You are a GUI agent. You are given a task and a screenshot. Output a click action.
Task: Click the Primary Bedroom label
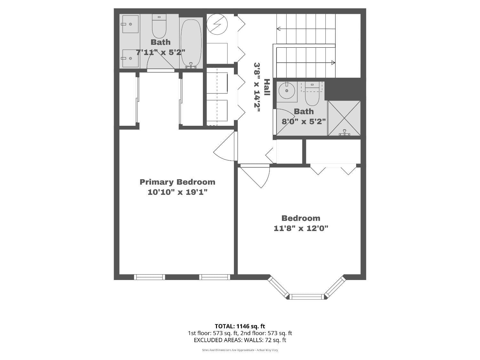tap(177, 182)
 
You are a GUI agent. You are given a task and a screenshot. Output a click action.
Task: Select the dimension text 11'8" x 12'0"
tap(301, 228)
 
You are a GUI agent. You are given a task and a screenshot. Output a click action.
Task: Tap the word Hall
tap(267, 87)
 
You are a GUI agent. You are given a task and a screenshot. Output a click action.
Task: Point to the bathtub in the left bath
tap(191, 43)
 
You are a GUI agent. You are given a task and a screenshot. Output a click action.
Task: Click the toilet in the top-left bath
tap(159, 26)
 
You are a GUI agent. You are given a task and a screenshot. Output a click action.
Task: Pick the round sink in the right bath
tap(286, 91)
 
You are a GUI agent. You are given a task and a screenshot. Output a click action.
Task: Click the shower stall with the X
tap(344, 118)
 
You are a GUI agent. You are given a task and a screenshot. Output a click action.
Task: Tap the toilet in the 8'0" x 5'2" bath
tap(312, 93)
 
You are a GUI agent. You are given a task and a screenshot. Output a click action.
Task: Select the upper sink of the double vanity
tap(130, 24)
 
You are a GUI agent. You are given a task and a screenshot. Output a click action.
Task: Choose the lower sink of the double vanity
tap(130, 58)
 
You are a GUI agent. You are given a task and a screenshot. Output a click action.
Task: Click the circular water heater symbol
tap(217, 24)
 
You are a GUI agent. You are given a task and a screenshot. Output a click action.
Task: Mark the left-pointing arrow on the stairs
tap(279, 29)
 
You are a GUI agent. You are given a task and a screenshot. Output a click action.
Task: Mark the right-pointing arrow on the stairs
tap(333, 63)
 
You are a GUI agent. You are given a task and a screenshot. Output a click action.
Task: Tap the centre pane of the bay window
tap(307, 297)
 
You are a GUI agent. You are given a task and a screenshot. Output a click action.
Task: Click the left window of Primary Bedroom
tap(149, 277)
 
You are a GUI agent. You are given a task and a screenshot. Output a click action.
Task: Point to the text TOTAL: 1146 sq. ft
tap(240, 326)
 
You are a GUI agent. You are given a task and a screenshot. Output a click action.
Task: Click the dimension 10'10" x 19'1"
tap(177, 192)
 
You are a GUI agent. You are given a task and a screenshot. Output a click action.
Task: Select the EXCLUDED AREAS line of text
tap(240, 340)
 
